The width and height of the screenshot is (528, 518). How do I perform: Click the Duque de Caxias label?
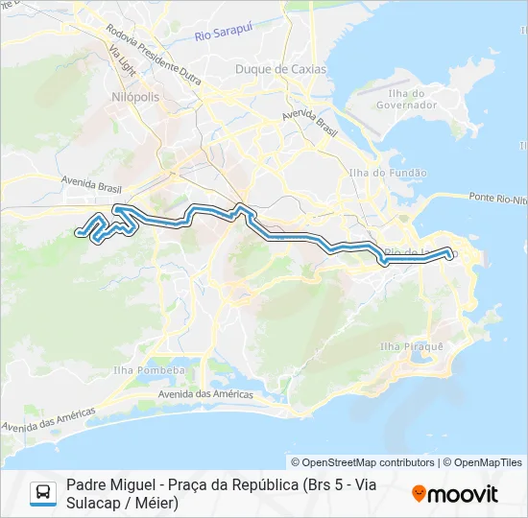[280, 69]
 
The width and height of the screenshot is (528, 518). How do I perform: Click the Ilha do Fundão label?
[389, 173]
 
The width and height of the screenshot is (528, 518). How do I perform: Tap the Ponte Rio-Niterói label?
[499, 198]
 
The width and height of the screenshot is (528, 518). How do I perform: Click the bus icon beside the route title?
[43, 493]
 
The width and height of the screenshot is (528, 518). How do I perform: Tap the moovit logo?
[455, 494]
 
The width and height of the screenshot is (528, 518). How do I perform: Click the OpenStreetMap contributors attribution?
[363, 462]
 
